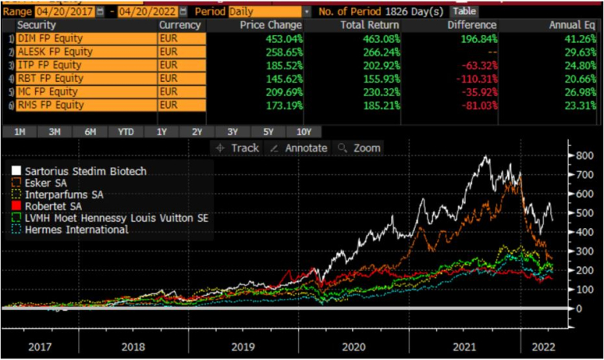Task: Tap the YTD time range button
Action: point(126,132)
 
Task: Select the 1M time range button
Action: point(19,132)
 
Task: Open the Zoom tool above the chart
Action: point(359,148)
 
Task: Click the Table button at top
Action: point(465,12)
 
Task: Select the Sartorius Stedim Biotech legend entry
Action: point(79,172)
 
